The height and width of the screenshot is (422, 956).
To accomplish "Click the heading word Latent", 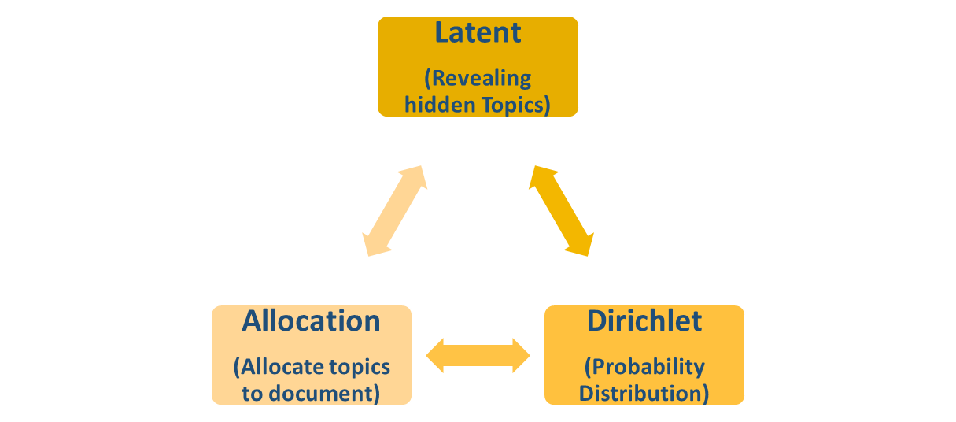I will click(x=478, y=33).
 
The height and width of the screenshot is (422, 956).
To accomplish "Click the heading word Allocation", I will click(x=311, y=321).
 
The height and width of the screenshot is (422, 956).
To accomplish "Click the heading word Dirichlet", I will click(x=644, y=321).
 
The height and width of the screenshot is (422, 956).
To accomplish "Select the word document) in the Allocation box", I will click(x=329, y=392).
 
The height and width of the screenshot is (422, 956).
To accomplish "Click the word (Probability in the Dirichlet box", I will click(x=644, y=367).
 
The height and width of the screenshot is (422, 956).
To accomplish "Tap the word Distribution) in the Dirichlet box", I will click(x=644, y=392).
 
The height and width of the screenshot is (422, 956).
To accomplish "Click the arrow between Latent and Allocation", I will click(x=395, y=210).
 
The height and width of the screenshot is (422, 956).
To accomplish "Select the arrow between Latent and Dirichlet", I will click(x=560, y=210).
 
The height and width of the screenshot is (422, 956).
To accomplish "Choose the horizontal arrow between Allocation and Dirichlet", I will click(x=478, y=356).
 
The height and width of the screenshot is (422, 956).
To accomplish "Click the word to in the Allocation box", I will click(x=254, y=392).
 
